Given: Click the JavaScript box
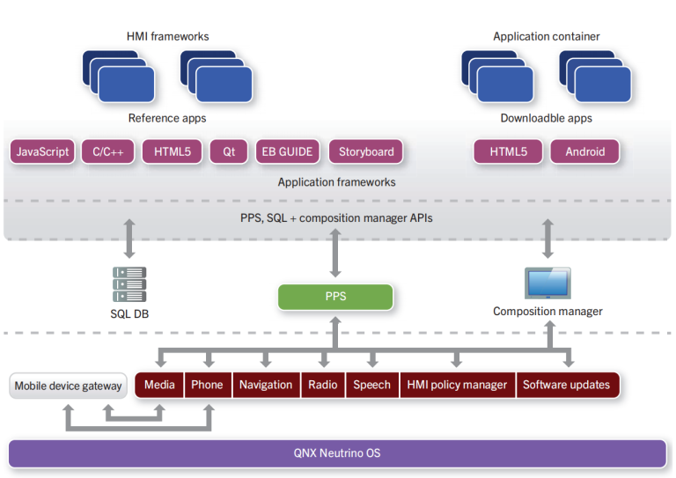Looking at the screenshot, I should tap(42, 151).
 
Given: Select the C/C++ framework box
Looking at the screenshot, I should tap(107, 151).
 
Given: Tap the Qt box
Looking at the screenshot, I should tap(229, 151).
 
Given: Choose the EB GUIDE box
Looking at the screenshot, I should tap(287, 151).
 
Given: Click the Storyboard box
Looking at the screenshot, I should tap(366, 151).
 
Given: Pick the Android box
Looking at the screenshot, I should tap(584, 151).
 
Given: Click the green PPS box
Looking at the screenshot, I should tap(334, 297).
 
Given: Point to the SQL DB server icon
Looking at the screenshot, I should tap(129, 284).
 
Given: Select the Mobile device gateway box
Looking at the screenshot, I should tap(68, 386).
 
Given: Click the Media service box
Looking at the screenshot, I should tap(159, 385).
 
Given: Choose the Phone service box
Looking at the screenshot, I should tap(207, 385).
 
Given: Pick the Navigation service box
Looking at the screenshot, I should tap(266, 385).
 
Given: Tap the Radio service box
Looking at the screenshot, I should tap(323, 385).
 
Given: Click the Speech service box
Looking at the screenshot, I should tap(371, 385).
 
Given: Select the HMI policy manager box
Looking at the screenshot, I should tap(457, 385).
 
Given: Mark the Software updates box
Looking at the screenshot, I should tap(566, 385).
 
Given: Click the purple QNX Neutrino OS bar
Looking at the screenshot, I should tap(337, 453).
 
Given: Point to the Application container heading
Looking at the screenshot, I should tap(546, 37).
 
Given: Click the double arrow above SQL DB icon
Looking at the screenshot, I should tap(129, 239).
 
